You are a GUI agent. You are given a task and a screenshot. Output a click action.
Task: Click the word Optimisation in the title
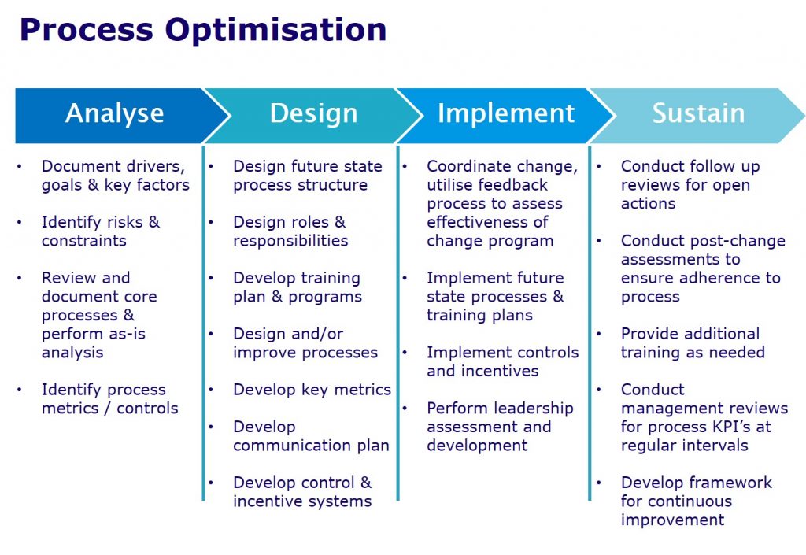pyautogui.click(x=275, y=31)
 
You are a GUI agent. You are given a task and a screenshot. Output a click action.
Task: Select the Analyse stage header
pyautogui.click(x=115, y=113)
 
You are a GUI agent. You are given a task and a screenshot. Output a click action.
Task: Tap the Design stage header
pyautogui.click(x=313, y=113)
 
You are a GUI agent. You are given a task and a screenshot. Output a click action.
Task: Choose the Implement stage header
pyautogui.click(x=506, y=113)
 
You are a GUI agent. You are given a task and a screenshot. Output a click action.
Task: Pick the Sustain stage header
pyautogui.click(x=698, y=113)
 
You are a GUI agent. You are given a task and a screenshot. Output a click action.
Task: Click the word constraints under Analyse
pyautogui.click(x=83, y=241)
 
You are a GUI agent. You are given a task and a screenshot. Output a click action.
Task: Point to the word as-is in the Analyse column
pyautogui.click(x=128, y=334)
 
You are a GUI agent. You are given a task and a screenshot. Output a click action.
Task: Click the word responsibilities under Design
pyautogui.click(x=290, y=241)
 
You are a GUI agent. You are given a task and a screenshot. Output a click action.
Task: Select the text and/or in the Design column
pyautogui.click(x=314, y=334)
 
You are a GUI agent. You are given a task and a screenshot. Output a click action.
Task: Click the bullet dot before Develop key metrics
pyautogui.click(x=211, y=390)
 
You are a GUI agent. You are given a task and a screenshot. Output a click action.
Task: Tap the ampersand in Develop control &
pyautogui.click(x=365, y=483)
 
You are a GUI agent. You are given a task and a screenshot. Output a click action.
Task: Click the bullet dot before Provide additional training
pyautogui.click(x=599, y=334)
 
